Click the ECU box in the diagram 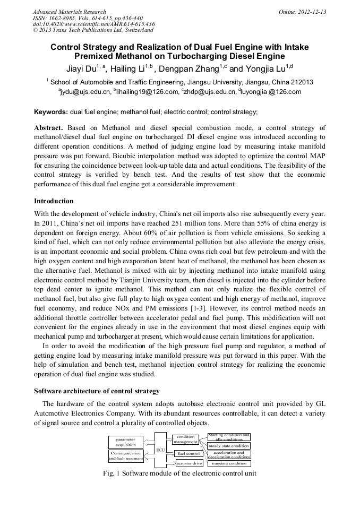(160, 450)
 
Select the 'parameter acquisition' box (126, 442)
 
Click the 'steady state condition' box (229, 446)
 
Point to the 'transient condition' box (229, 463)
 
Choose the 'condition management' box (185, 439)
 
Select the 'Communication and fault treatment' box (126, 456)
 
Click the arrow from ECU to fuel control (170, 453)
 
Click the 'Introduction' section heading (54, 201)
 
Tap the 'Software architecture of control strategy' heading (97, 391)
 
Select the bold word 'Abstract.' (49, 128)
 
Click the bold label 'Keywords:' (51, 112)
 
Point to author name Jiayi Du (82, 69)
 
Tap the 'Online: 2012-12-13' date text (302, 12)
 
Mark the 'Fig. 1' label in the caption (111, 474)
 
